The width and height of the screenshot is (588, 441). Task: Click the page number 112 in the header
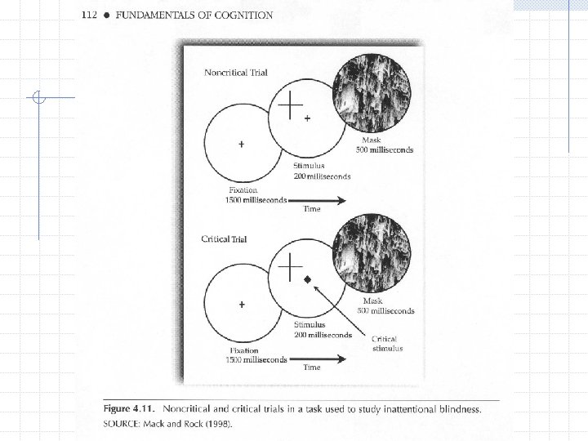tap(91, 16)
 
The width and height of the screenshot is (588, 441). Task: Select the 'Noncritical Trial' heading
tap(235, 73)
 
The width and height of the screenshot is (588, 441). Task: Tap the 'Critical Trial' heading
tap(224, 239)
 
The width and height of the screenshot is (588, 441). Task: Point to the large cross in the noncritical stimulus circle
tap(291, 105)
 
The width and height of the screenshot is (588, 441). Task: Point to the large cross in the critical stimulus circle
tap(291, 265)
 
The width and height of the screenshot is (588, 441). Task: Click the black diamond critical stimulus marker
tap(308, 280)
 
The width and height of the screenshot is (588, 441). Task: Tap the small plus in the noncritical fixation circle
tap(241, 145)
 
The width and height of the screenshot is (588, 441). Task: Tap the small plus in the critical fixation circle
tap(241, 305)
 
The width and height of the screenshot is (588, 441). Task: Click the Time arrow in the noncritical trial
tap(318, 200)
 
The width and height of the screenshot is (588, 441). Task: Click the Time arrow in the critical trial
tap(318, 359)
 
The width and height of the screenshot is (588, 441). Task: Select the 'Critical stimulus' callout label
tap(387, 344)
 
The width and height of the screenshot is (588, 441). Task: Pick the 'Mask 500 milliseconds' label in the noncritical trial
tap(384, 145)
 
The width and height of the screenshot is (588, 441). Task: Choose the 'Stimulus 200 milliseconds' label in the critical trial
tap(323, 330)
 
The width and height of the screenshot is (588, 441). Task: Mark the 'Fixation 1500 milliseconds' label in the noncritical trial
tap(256, 195)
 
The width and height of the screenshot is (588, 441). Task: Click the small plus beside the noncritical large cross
tap(307, 118)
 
